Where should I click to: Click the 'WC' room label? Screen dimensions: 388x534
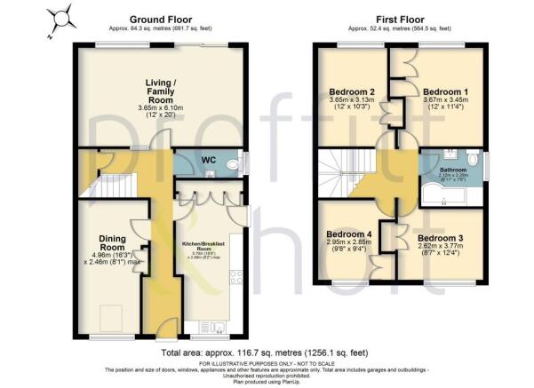(x=210, y=160)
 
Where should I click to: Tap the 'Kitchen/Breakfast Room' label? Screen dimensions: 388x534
(x=203, y=245)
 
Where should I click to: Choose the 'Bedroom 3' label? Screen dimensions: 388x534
(x=441, y=239)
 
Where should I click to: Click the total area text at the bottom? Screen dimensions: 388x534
(x=267, y=353)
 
